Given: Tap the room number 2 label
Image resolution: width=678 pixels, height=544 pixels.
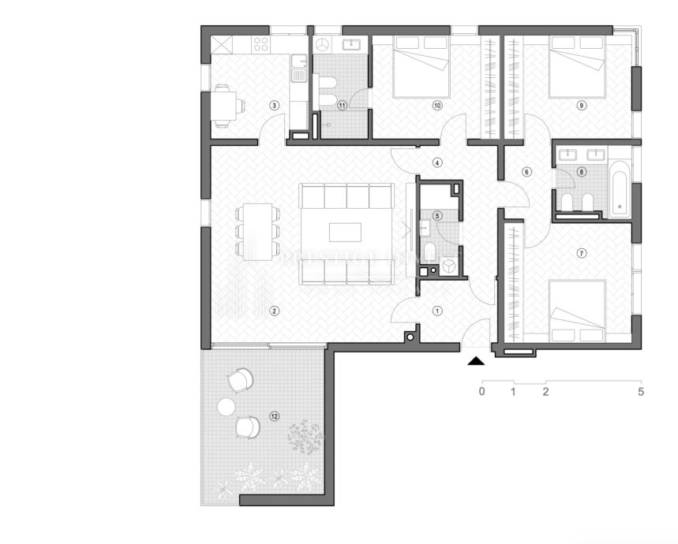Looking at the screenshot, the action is pos(274,310).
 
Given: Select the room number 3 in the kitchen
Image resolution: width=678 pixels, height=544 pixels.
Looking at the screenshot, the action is pos(274,105).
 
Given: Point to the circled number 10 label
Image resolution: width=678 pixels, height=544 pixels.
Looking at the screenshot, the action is pos(436,104).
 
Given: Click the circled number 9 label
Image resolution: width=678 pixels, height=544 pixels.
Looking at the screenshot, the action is pos(582,104).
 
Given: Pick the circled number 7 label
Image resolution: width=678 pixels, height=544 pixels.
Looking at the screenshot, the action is pos(582,253).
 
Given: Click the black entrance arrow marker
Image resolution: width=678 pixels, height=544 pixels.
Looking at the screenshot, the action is pos(476,361).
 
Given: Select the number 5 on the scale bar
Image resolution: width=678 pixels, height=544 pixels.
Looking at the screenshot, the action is pos(641,391).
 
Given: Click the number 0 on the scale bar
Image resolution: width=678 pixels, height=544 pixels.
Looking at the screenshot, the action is pos(481,391).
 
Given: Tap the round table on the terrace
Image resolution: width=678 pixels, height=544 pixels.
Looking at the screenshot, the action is pos(227,407).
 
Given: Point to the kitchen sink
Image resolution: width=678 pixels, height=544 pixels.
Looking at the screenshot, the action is pos(298,76).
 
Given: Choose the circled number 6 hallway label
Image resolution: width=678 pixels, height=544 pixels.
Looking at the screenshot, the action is pos(526,172).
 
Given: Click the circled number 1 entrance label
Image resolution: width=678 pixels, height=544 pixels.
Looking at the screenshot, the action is pos(437,311).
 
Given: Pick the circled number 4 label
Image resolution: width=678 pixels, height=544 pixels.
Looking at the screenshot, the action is pos(437,163).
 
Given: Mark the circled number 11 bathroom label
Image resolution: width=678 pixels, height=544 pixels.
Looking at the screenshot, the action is pos(342,105).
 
